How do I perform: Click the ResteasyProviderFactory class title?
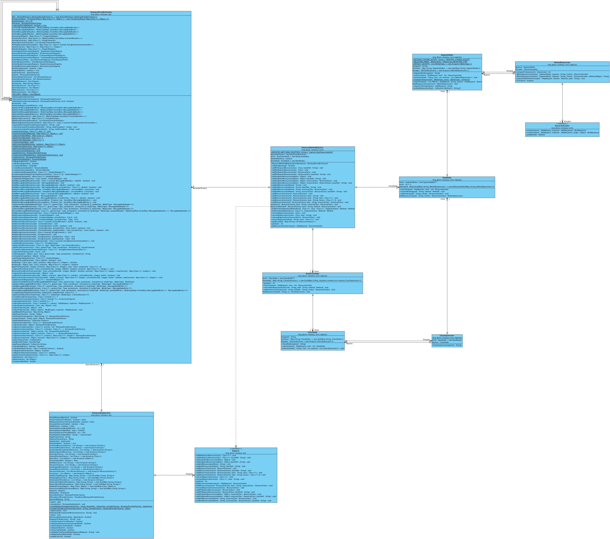(x=101, y=12)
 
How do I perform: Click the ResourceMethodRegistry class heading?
(x=313, y=148)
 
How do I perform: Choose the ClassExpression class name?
(x=447, y=336)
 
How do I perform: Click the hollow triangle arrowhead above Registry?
(x=236, y=447)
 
